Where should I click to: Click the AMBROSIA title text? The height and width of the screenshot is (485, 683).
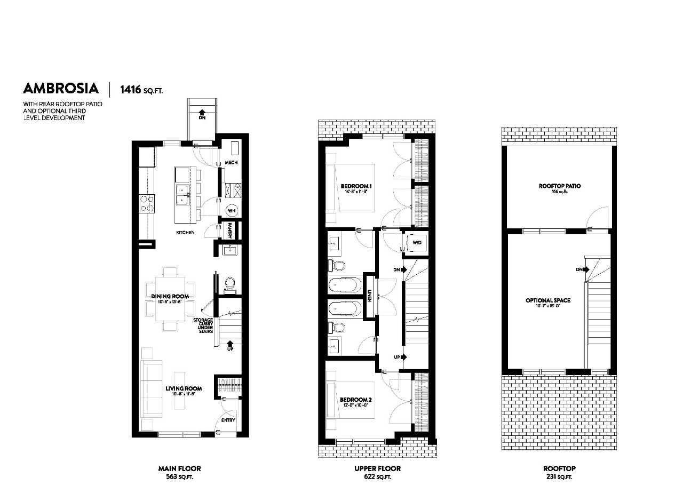click(61, 88)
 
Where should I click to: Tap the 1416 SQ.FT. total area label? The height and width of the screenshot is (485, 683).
click(141, 89)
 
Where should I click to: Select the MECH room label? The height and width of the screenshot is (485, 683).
click(231, 162)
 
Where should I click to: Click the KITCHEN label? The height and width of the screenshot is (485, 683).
click(185, 233)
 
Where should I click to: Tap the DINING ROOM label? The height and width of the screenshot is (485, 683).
click(170, 296)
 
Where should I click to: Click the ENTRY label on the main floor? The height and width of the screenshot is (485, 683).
click(228, 420)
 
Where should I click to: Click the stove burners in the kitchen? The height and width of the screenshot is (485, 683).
click(146, 203)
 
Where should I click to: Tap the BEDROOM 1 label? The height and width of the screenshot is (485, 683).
click(356, 186)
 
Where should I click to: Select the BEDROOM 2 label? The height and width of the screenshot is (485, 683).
click(355, 400)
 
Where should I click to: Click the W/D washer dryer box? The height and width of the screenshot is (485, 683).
click(417, 243)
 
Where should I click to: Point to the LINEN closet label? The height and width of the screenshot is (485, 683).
click(369, 296)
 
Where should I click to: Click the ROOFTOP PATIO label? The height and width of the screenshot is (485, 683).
click(559, 186)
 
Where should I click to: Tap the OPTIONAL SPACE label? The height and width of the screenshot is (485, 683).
click(547, 300)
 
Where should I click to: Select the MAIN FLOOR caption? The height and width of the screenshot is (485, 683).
click(179, 468)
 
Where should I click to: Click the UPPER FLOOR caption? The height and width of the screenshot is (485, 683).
click(377, 468)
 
